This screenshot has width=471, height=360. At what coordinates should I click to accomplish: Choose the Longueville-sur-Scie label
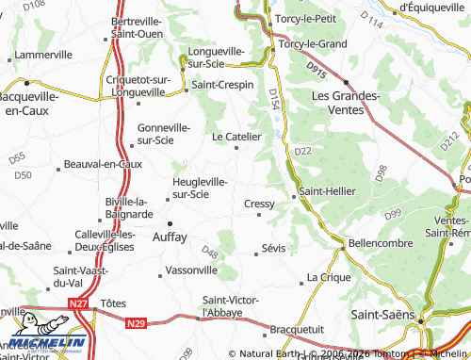pyautogui.click(x=217, y=57)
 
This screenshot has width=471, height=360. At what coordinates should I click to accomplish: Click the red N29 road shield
pyautogui.click(x=136, y=322)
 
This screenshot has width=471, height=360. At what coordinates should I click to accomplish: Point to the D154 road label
pyautogui.click(x=273, y=100)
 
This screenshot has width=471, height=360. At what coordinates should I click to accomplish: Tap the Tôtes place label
pyautogui.click(x=113, y=303)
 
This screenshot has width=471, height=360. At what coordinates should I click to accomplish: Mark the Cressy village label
pyautogui.click(x=259, y=204)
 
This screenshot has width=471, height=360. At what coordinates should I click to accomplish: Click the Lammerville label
pyautogui.click(x=43, y=55)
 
